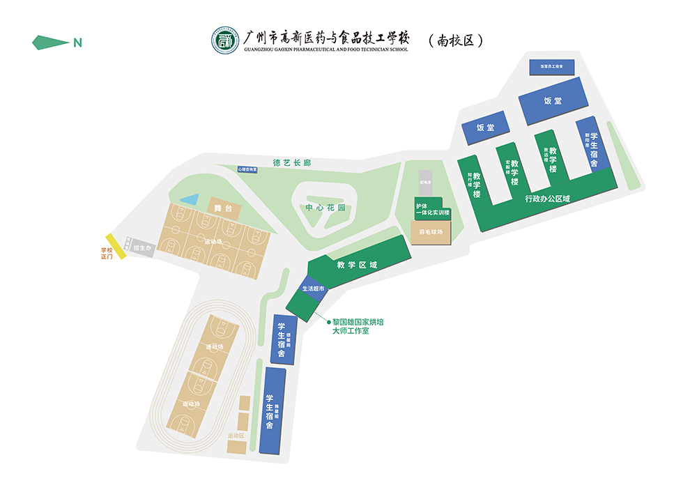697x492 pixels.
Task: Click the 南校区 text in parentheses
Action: coord(456,40)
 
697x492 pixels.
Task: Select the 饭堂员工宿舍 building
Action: coord(551,66)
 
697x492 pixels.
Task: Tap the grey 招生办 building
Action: coord(142,247)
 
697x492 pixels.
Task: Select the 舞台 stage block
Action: coord(223,207)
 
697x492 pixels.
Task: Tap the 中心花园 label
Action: coord(325,208)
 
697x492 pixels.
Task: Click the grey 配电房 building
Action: coord(426,183)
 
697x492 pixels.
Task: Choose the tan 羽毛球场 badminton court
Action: coord(431,232)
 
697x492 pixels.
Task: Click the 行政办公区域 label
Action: coord(547,199)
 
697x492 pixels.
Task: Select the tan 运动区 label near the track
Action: coord(236,436)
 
